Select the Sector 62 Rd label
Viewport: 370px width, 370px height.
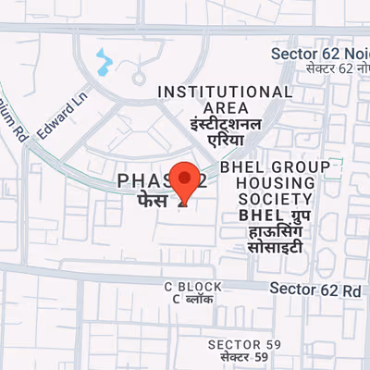(315, 289)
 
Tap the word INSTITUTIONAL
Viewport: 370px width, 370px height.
(226, 92)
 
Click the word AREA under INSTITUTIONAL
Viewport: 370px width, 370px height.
(226, 107)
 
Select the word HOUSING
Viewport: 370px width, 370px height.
(269, 182)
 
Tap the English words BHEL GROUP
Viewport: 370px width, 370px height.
(276, 166)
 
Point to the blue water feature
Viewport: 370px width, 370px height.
(104, 63)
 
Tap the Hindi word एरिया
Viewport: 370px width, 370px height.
(225, 142)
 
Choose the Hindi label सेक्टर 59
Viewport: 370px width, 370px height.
(244, 357)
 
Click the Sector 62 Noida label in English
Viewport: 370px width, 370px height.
(320, 54)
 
